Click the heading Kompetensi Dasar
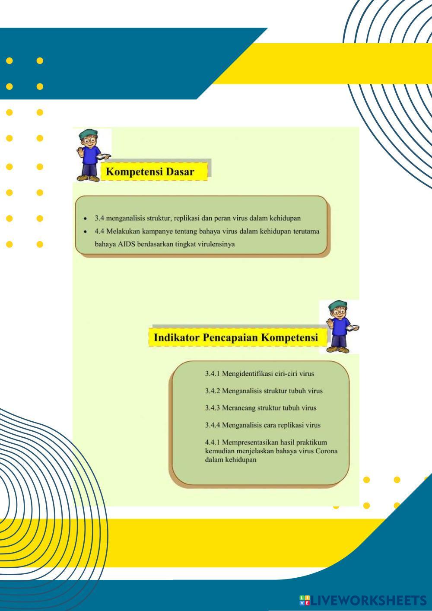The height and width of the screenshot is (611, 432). click(x=150, y=172)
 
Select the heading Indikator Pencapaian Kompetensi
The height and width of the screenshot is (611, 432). click(x=235, y=337)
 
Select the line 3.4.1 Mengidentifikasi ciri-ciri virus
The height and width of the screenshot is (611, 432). click(x=259, y=373)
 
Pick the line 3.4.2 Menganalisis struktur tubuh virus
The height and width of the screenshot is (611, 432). click(x=264, y=391)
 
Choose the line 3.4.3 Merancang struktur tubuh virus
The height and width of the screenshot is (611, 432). click(x=260, y=407)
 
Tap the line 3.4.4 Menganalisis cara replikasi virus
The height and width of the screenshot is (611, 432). click(x=263, y=425)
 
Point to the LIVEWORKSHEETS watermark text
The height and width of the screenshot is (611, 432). click(x=368, y=601)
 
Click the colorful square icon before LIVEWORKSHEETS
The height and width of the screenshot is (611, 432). click(x=304, y=601)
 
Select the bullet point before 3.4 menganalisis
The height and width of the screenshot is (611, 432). click(x=86, y=219)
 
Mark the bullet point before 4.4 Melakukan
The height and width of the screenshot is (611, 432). click(x=86, y=232)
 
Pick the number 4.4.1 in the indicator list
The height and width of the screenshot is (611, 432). click(x=213, y=442)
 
